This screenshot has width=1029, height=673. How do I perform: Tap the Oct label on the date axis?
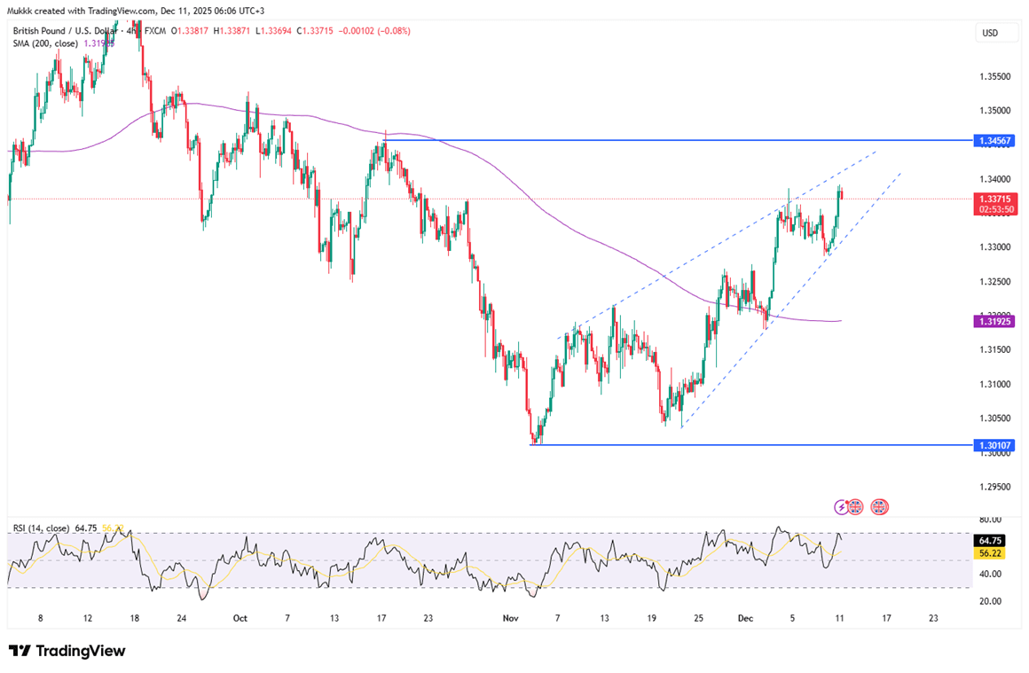pyautogui.click(x=239, y=618)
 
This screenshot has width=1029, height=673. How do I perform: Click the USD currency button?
pyautogui.click(x=990, y=33)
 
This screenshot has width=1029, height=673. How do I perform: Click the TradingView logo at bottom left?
pyautogui.click(x=67, y=651)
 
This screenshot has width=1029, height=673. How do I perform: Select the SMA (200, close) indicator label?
pyautogui.click(x=45, y=43)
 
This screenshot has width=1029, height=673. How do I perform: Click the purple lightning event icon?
pyautogui.click(x=841, y=507)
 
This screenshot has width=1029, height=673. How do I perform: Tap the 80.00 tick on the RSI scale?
pyautogui.click(x=990, y=520)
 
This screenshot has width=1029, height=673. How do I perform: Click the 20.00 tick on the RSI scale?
pyautogui.click(x=990, y=600)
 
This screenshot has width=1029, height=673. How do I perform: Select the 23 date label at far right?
pyautogui.click(x=932, y=618)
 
